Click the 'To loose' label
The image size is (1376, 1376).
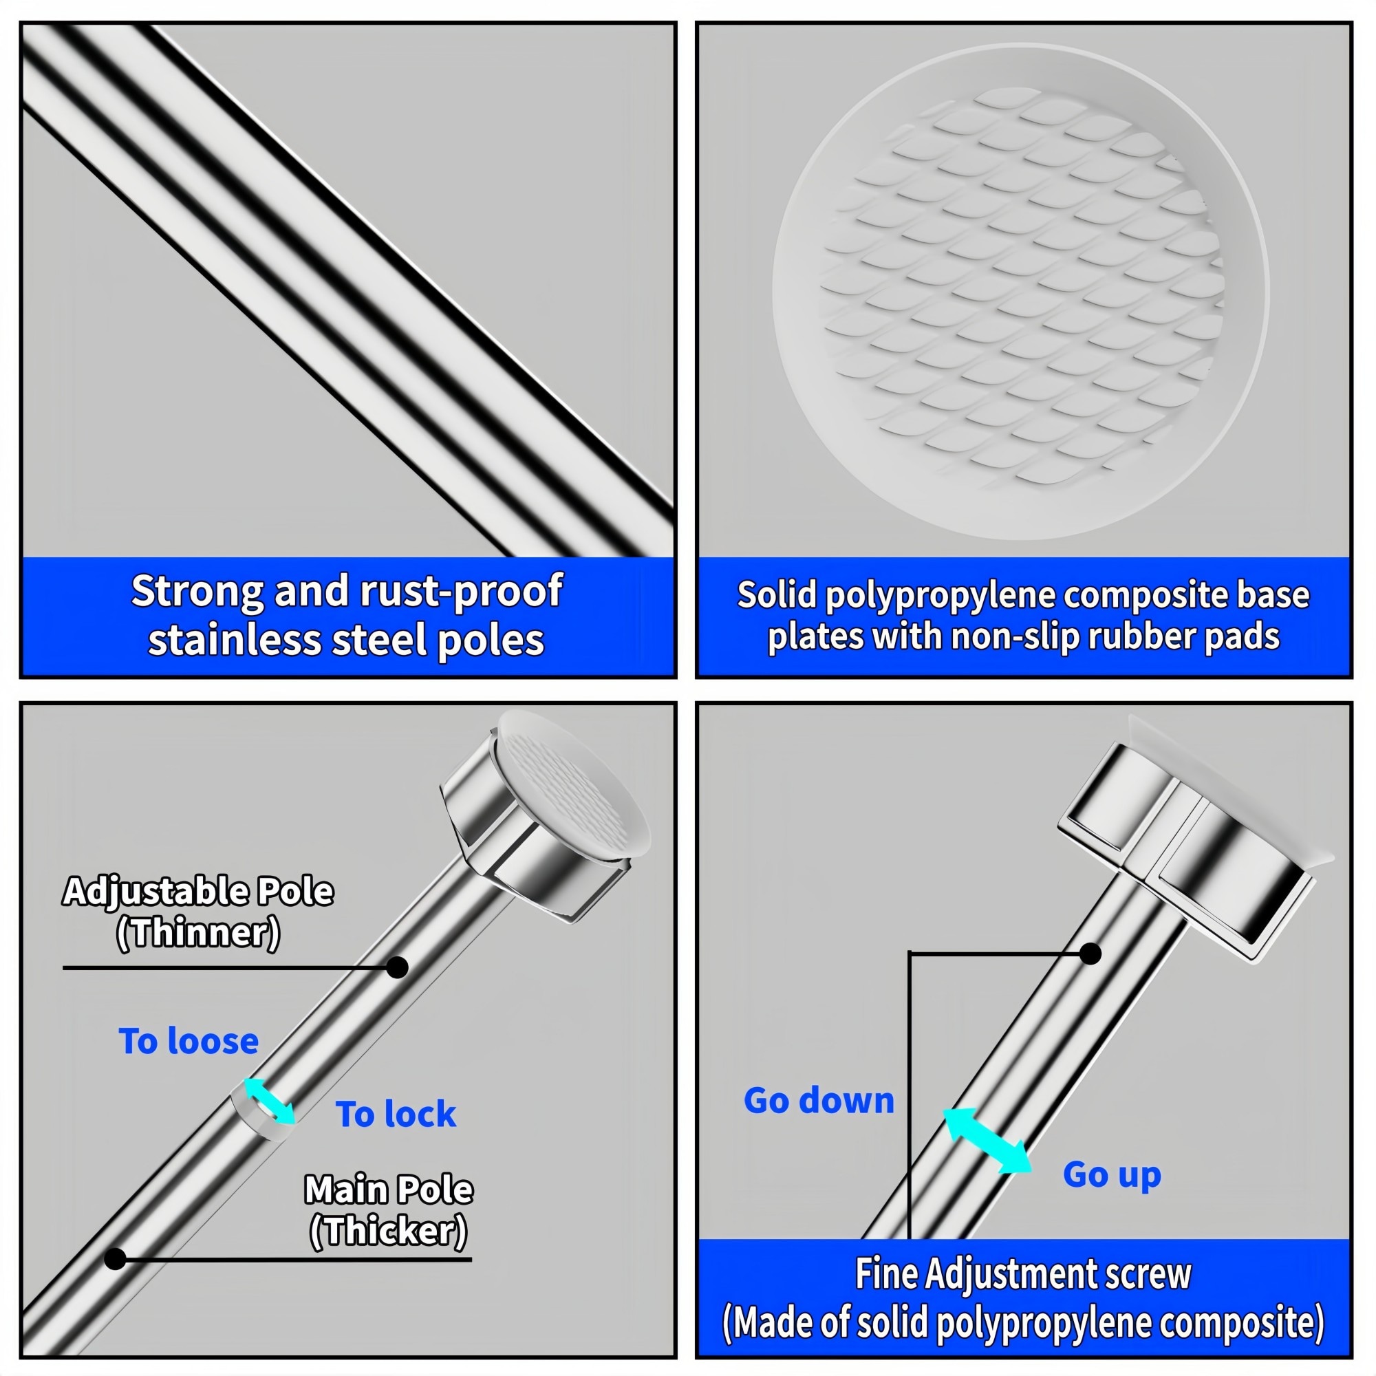[x=189, y=1041]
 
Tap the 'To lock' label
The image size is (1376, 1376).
[x=396, y=1114]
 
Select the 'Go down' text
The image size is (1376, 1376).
[x=819, y=1100]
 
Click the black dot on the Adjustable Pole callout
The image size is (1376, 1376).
[x=397, y=967]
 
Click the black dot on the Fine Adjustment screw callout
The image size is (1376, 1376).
[x=1090, y=954]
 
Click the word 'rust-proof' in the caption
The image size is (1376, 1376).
[x=461, y=591]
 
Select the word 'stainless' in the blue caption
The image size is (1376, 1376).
[x=235, y=640]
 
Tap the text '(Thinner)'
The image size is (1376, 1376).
[x=198, y=932]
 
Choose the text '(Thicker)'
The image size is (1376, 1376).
[x=389, y=1230]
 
